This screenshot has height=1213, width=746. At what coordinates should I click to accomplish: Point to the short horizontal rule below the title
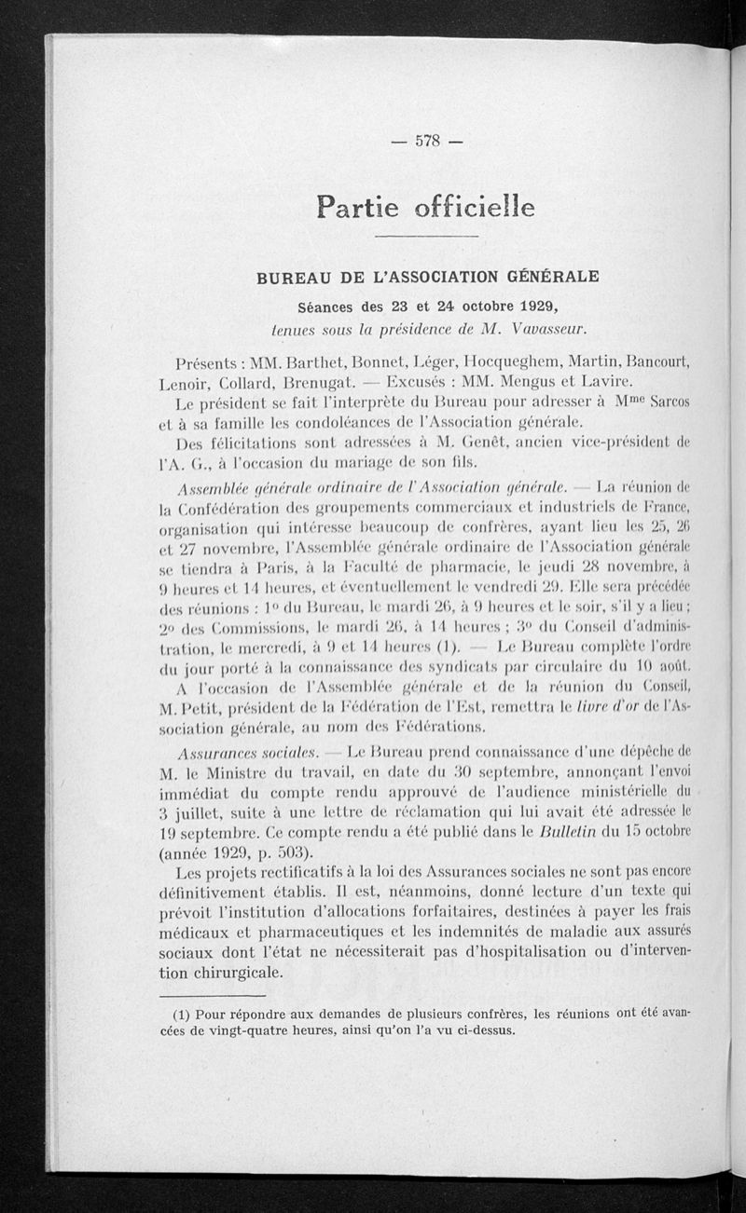point(425,239)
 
